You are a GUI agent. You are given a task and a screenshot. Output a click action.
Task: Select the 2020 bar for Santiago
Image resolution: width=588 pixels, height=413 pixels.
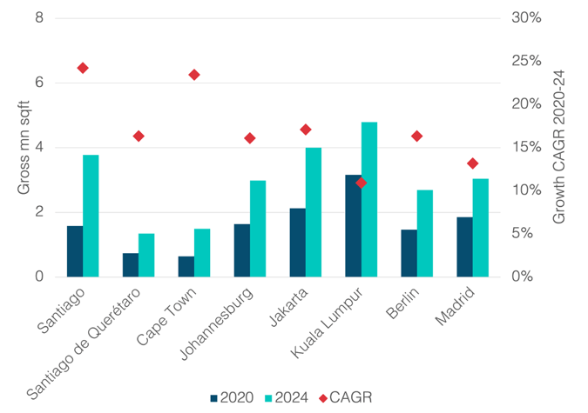click(x=75, y=252)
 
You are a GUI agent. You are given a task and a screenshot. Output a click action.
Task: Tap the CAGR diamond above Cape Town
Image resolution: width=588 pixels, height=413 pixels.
click(x=194, y=75)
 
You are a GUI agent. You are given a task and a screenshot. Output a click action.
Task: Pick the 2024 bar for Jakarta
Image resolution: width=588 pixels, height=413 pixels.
click(x=314, y=212)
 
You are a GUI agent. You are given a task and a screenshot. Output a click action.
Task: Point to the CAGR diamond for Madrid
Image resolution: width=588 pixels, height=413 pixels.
click(x=473, y=163)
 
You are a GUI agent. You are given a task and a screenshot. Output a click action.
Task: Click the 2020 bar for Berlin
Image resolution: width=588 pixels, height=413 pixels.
click(x=409, y=254)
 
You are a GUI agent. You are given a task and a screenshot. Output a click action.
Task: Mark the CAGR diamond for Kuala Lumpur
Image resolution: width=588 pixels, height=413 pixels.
click(x=362, y=183)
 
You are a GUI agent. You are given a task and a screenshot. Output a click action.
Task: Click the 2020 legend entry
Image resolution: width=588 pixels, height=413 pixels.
click(x=232, y=397)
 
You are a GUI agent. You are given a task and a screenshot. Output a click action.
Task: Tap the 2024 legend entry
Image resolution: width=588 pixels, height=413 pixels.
click(x=287, y=397)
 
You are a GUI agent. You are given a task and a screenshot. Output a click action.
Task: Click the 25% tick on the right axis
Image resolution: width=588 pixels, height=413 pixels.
click(x=526, y=61)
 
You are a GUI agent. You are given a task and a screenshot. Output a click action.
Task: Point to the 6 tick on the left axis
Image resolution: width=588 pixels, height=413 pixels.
click(x=39, y=83)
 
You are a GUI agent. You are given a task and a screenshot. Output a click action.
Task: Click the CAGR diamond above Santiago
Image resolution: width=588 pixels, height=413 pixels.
click(x=83, y=68)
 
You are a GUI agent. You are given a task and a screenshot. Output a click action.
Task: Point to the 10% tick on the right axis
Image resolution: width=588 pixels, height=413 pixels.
click(x=526, y=190)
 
